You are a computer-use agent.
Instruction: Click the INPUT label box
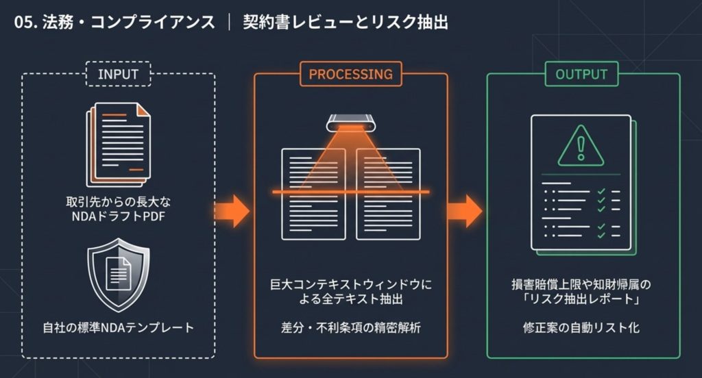pyautogui.click(x=119, y=74)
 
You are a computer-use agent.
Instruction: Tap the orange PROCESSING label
pyautogui.click(x=350, y=74)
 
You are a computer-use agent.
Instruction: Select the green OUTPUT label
pyautogui.click(x=581, y=74)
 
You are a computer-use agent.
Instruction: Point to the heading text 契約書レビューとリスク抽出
pyautogui.click(x=346, y=23)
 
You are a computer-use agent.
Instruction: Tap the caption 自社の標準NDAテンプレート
pyautogui.click(x=118, y=327)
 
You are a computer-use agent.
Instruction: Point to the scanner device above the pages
pyautogui.click(x=351, y=124)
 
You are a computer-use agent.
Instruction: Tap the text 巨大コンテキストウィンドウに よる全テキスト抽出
pyautogui.click(x=350, y=291)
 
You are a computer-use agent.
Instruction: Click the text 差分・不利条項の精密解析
pyautogui.click(x=350, y=327)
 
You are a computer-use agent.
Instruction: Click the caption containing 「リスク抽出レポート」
pyautogui.click(x=581, y=291)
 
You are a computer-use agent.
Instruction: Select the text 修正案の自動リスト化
pyautogui.click(x=581, y=327)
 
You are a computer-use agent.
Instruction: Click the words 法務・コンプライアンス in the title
pyautogui.click(x=130, y=23)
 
